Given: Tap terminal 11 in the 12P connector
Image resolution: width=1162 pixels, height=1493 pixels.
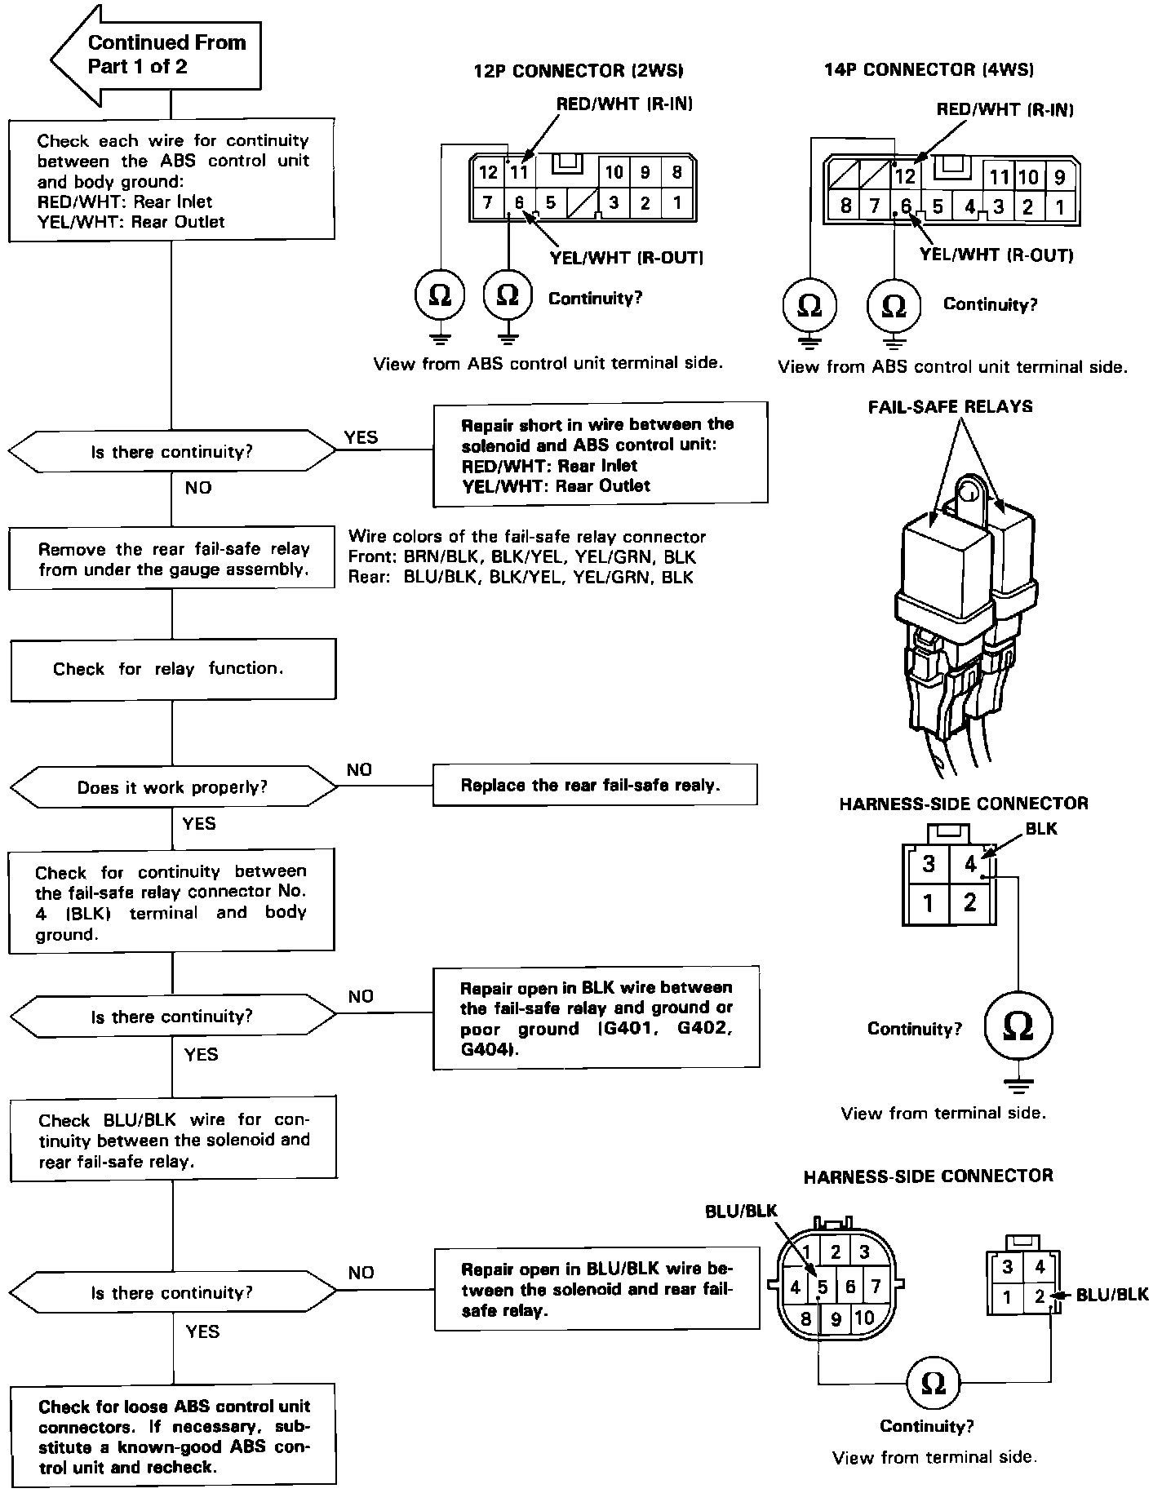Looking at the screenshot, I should pyautogui.click(x=519, y=172).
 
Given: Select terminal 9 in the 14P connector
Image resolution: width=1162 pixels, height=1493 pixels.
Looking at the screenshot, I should pyautogui.click(x=1060, y=177).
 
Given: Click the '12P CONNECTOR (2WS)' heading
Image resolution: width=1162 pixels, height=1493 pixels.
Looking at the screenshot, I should pyautogui.click(x=578, y=71).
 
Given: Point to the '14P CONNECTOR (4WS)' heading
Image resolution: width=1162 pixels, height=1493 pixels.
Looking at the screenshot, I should pyautogui.click(x=929, y=69).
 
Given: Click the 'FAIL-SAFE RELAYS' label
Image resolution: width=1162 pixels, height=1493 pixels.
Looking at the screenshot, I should pyautogui.click(x=950, y=406).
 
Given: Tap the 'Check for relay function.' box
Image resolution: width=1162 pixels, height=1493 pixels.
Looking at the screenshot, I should pyautogui.click(x=172, y=669).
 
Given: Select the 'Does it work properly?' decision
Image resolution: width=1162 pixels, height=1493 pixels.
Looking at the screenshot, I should pyautogui.click(x=172, y=787).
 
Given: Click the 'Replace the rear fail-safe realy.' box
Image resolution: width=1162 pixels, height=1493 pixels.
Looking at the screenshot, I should pyautogui.click(x=595, y=785).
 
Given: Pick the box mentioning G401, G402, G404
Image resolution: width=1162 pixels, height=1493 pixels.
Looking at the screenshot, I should pyautogui.click(x=596, y=1017).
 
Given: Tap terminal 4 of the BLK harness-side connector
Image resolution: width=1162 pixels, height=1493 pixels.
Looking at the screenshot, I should pyautogui.click(x=970, y=864).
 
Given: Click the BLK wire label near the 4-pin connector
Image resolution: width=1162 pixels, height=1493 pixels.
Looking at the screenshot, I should pyautogui.click(x=1040, y=829).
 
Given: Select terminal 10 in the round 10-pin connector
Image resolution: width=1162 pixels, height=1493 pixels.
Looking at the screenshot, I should pyautogui.click(x=864, y=1318).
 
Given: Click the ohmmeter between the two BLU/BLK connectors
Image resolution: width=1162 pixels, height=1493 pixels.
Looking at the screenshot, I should pyautogui.click(x=933, y=1383).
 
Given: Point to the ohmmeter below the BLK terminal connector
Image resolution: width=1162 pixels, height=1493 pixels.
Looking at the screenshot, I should pyautogui.click(x=1017, y=1026).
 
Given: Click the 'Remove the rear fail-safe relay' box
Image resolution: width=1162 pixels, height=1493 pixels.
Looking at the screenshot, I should pyautogui.click(x=172, y=559).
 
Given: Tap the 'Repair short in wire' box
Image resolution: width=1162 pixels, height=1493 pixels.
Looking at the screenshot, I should pyautogui.click(x=600, y=454).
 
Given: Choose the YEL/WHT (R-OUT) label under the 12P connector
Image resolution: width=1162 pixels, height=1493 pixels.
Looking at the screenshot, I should pyautogui.click(x=627, y=258).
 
